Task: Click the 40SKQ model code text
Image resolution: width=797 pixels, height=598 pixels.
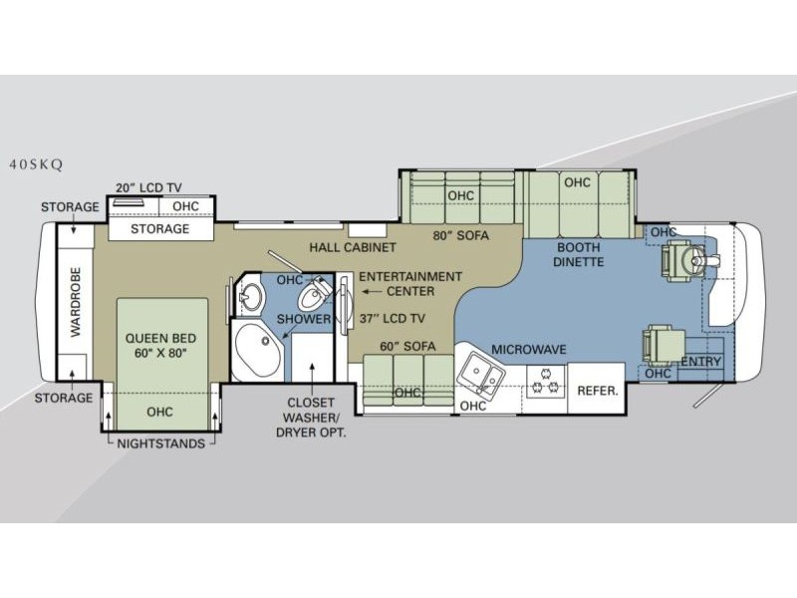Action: pyautogui.click(x=36, y=164)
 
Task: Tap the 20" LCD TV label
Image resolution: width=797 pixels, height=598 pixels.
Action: pyautogui.click(x=148, y=187)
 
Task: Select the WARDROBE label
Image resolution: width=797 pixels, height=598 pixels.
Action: pyautogui.click(x=76, y=302)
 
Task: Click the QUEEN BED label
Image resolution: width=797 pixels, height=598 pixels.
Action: pyautogui.click(x=160, y=338)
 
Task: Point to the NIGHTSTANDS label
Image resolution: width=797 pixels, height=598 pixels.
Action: pyautogui.click(x=161, y=444)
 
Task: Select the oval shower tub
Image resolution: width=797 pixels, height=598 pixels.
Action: pyautogui.click(x=259, y=351)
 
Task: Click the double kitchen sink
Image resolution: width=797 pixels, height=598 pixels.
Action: pyautogui.click(x=480, y=375)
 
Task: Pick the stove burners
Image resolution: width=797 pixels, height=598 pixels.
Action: pyautogui.click(x=545, y=382)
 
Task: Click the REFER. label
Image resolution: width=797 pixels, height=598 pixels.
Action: pyautogui.click(x=598, y=391)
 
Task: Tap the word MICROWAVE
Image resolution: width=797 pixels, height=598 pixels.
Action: pyautogui.click(x=529, y=350)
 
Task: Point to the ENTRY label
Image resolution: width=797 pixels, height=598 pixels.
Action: pyautogui.click(x=701, y=362)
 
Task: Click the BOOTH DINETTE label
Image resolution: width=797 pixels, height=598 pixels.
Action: pyautogui.click(x=579, y=255)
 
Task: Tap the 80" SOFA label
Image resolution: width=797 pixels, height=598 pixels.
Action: pyautogui.click(x=461, y=235)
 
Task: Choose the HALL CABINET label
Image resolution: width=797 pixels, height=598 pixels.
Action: pyautogui.click(x=353, y=247)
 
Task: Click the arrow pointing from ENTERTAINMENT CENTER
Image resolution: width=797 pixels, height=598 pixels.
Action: pyautogui.click(x=372, y=292)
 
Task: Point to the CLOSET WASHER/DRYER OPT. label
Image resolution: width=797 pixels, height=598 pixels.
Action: pyautogui.click(x=311, y=418)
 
